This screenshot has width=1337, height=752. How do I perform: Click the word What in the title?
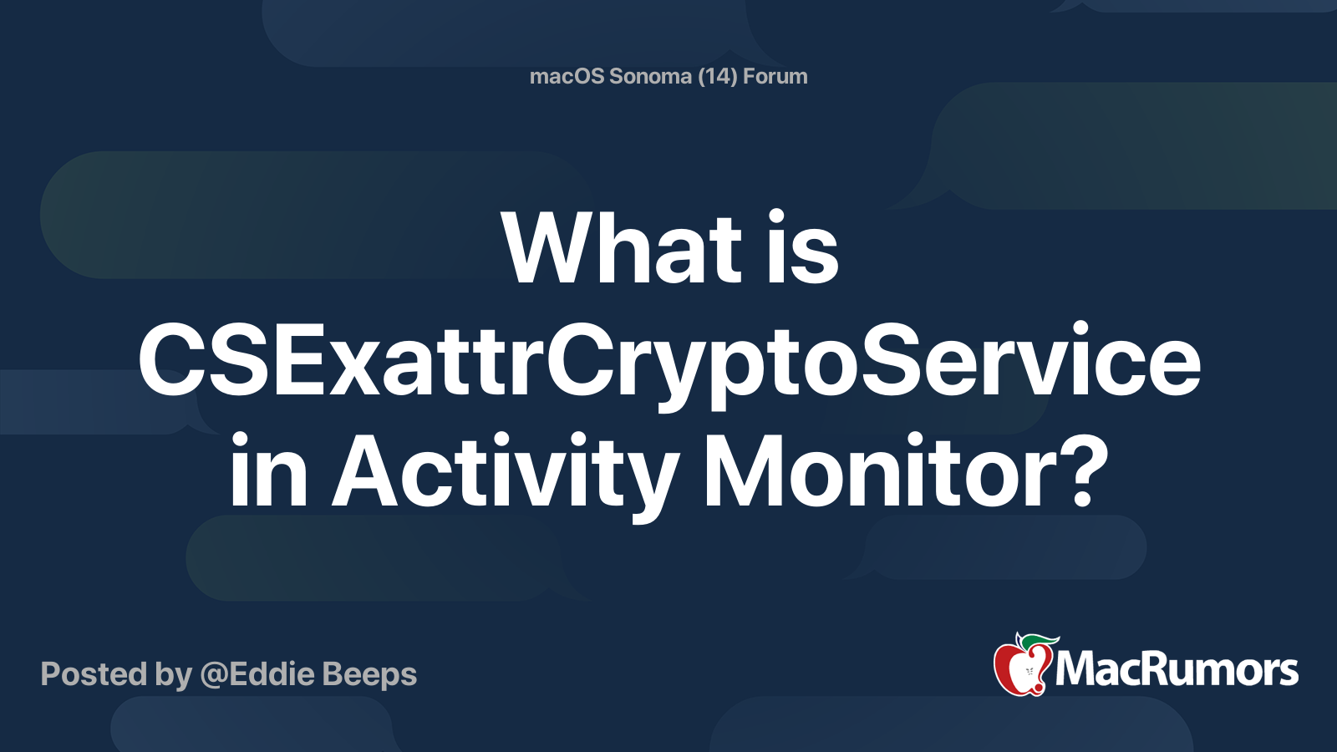622,248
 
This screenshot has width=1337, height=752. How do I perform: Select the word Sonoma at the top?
650,76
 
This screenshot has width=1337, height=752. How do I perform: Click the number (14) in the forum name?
717,76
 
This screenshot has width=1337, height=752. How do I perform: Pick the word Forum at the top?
775,76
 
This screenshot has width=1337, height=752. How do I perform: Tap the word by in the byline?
174,675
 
